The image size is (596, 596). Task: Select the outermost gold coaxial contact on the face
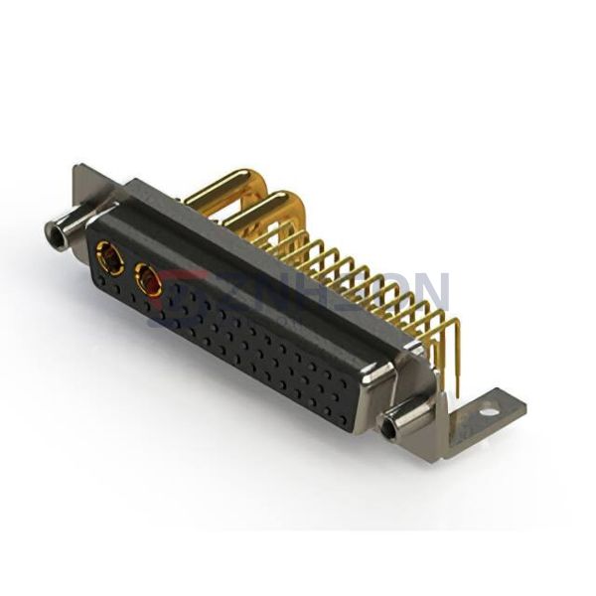point(109,262)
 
